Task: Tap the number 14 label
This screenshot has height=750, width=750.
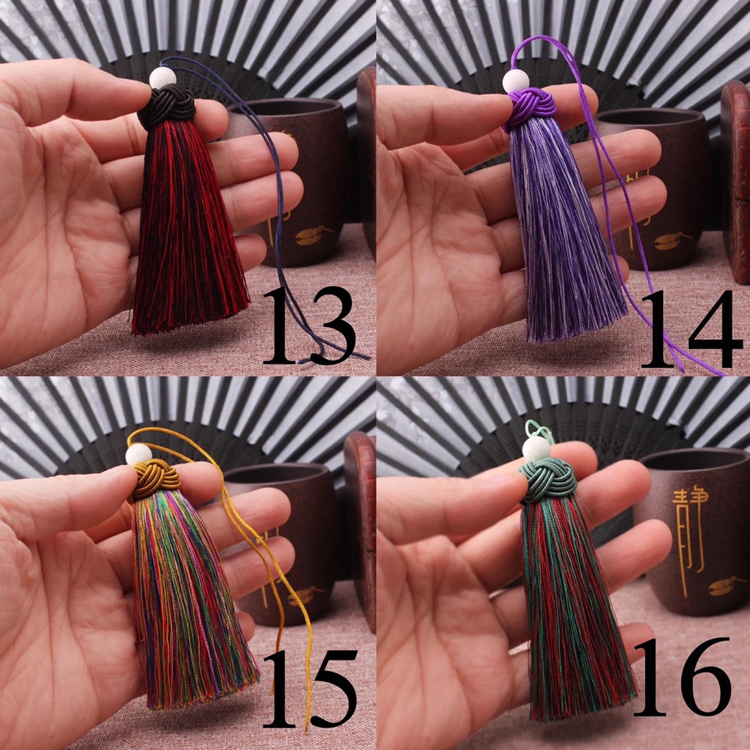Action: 691,329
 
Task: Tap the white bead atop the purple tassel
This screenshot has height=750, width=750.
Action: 515,81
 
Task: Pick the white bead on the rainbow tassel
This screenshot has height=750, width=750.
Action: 139,454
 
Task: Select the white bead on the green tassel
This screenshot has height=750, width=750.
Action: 536,448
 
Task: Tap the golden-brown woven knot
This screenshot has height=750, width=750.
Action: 156,478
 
